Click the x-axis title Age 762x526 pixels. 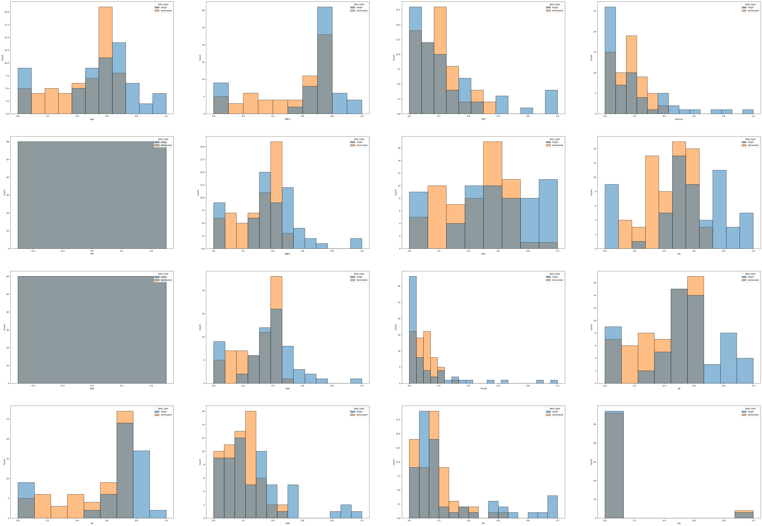click(x=92, y=119)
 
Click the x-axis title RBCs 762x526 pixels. click(x=287, y=119)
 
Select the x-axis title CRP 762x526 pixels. click(x=483, y=119)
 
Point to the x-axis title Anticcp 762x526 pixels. click(x=679, y=119)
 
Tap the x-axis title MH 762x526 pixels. click(x=92, y=254)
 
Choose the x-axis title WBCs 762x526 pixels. click(x=287, y=254)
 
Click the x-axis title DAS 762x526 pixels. click(x=483, y=254)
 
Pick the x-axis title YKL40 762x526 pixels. click(x=483, y=389)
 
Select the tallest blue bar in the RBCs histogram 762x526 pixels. click(x=324, y=59)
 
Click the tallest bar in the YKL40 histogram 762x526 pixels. click(x=412, y=330)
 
